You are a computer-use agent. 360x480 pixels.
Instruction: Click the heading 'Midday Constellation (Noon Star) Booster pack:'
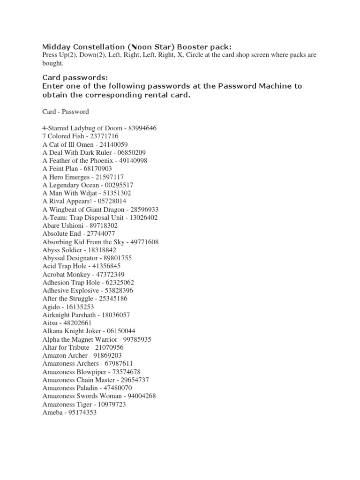click(137, 46)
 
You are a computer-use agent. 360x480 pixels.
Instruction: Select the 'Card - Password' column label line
click(66, 112)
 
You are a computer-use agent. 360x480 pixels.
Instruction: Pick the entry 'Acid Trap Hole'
click(63, 266)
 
